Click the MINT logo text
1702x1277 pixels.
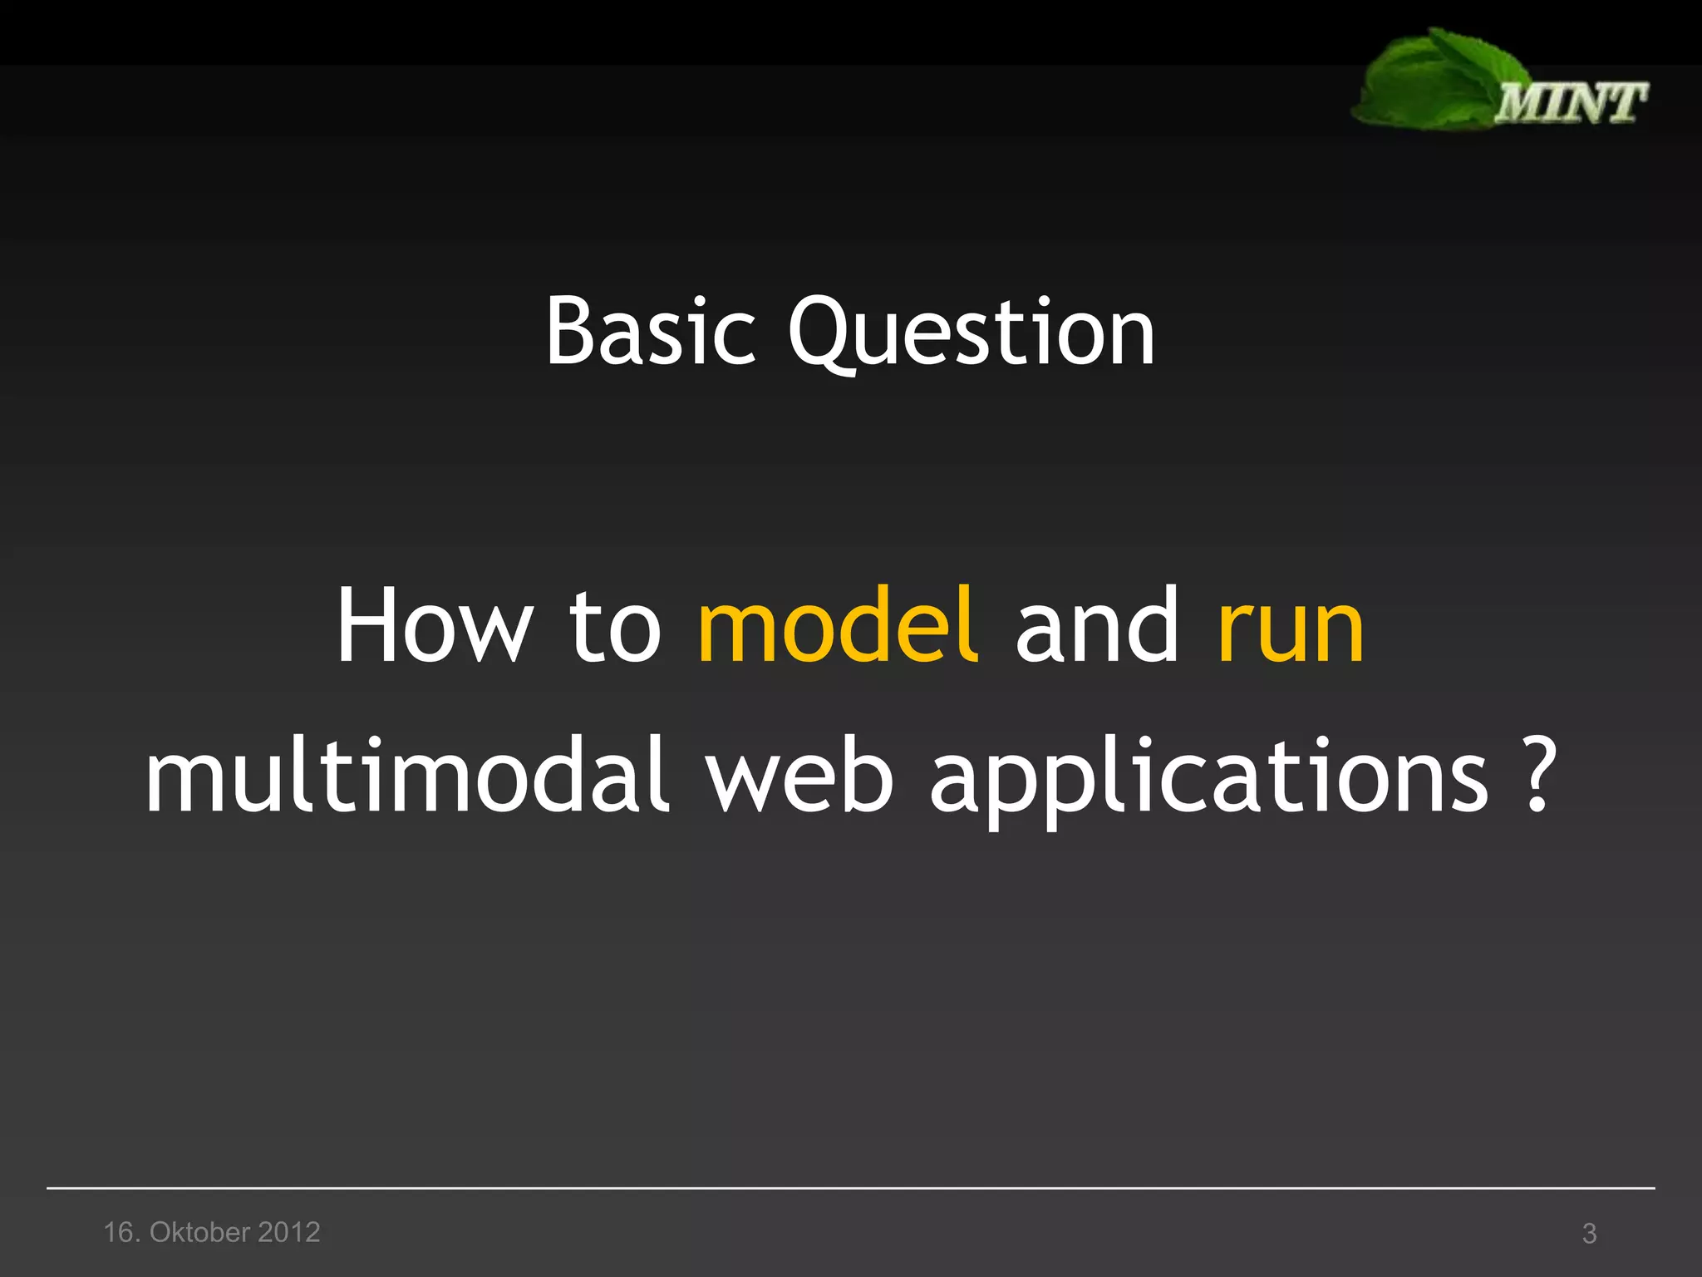(1571, 103)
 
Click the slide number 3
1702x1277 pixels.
(1589, 1233)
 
